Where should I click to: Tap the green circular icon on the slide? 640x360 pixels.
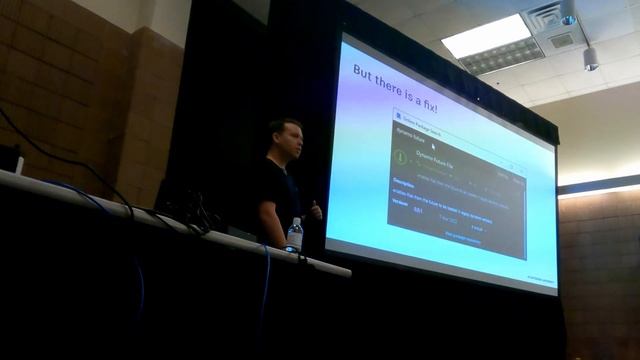tap(400, 157)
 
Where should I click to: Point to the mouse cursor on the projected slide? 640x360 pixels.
tap(432, 146)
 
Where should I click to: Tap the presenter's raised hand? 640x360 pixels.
tap(315, 211)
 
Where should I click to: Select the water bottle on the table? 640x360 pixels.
tap(294, 235)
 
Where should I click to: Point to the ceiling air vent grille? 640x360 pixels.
tap(563, 41)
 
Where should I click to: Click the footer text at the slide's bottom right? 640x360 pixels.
tap(540, 279)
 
